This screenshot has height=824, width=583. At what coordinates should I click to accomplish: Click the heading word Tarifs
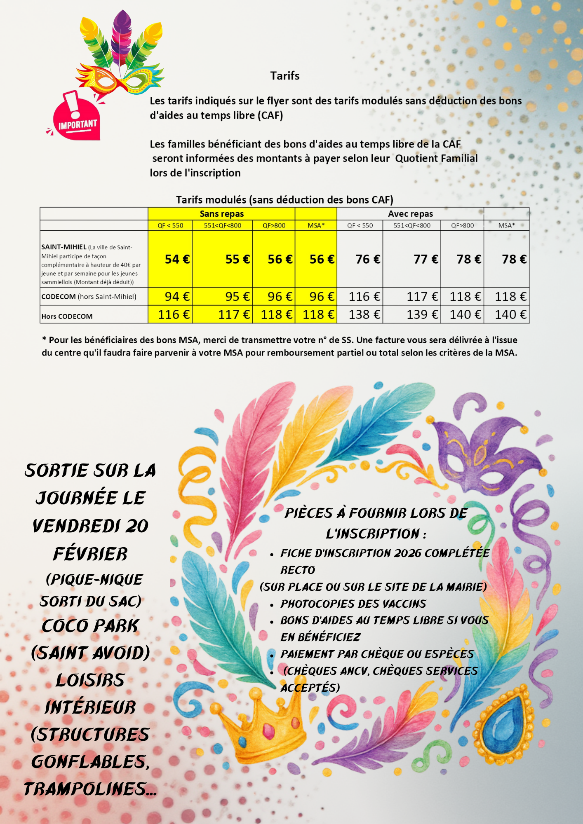coord(284,76)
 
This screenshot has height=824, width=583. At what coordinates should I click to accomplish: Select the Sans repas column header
coord(221,214)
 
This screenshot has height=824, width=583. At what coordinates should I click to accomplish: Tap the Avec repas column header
coord(410,214)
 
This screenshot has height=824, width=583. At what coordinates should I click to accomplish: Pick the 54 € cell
coord(177,259)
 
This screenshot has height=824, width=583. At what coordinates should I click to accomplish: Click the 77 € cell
coord(425,259)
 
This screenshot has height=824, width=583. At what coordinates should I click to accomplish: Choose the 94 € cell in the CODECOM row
coord(177,297)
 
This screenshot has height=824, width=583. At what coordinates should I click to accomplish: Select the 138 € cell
coord(364,315)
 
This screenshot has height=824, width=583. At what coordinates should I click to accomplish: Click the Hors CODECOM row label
coord(67,316)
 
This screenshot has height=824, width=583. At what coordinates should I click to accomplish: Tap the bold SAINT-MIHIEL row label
coord(64,247)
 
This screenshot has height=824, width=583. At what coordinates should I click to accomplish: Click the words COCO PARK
coord(90,626)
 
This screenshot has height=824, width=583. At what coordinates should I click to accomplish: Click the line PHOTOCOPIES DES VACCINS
coord(353,604)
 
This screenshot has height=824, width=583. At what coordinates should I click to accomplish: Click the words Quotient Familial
coord(436,159)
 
